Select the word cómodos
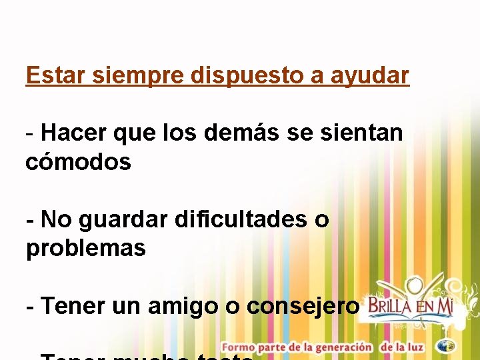tap(78, 162)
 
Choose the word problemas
tap(85, 249)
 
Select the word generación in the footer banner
tap(341, 347)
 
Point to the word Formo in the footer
tap(238, 347)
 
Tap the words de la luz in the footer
tap(403, 347)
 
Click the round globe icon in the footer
tap(447, 346)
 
